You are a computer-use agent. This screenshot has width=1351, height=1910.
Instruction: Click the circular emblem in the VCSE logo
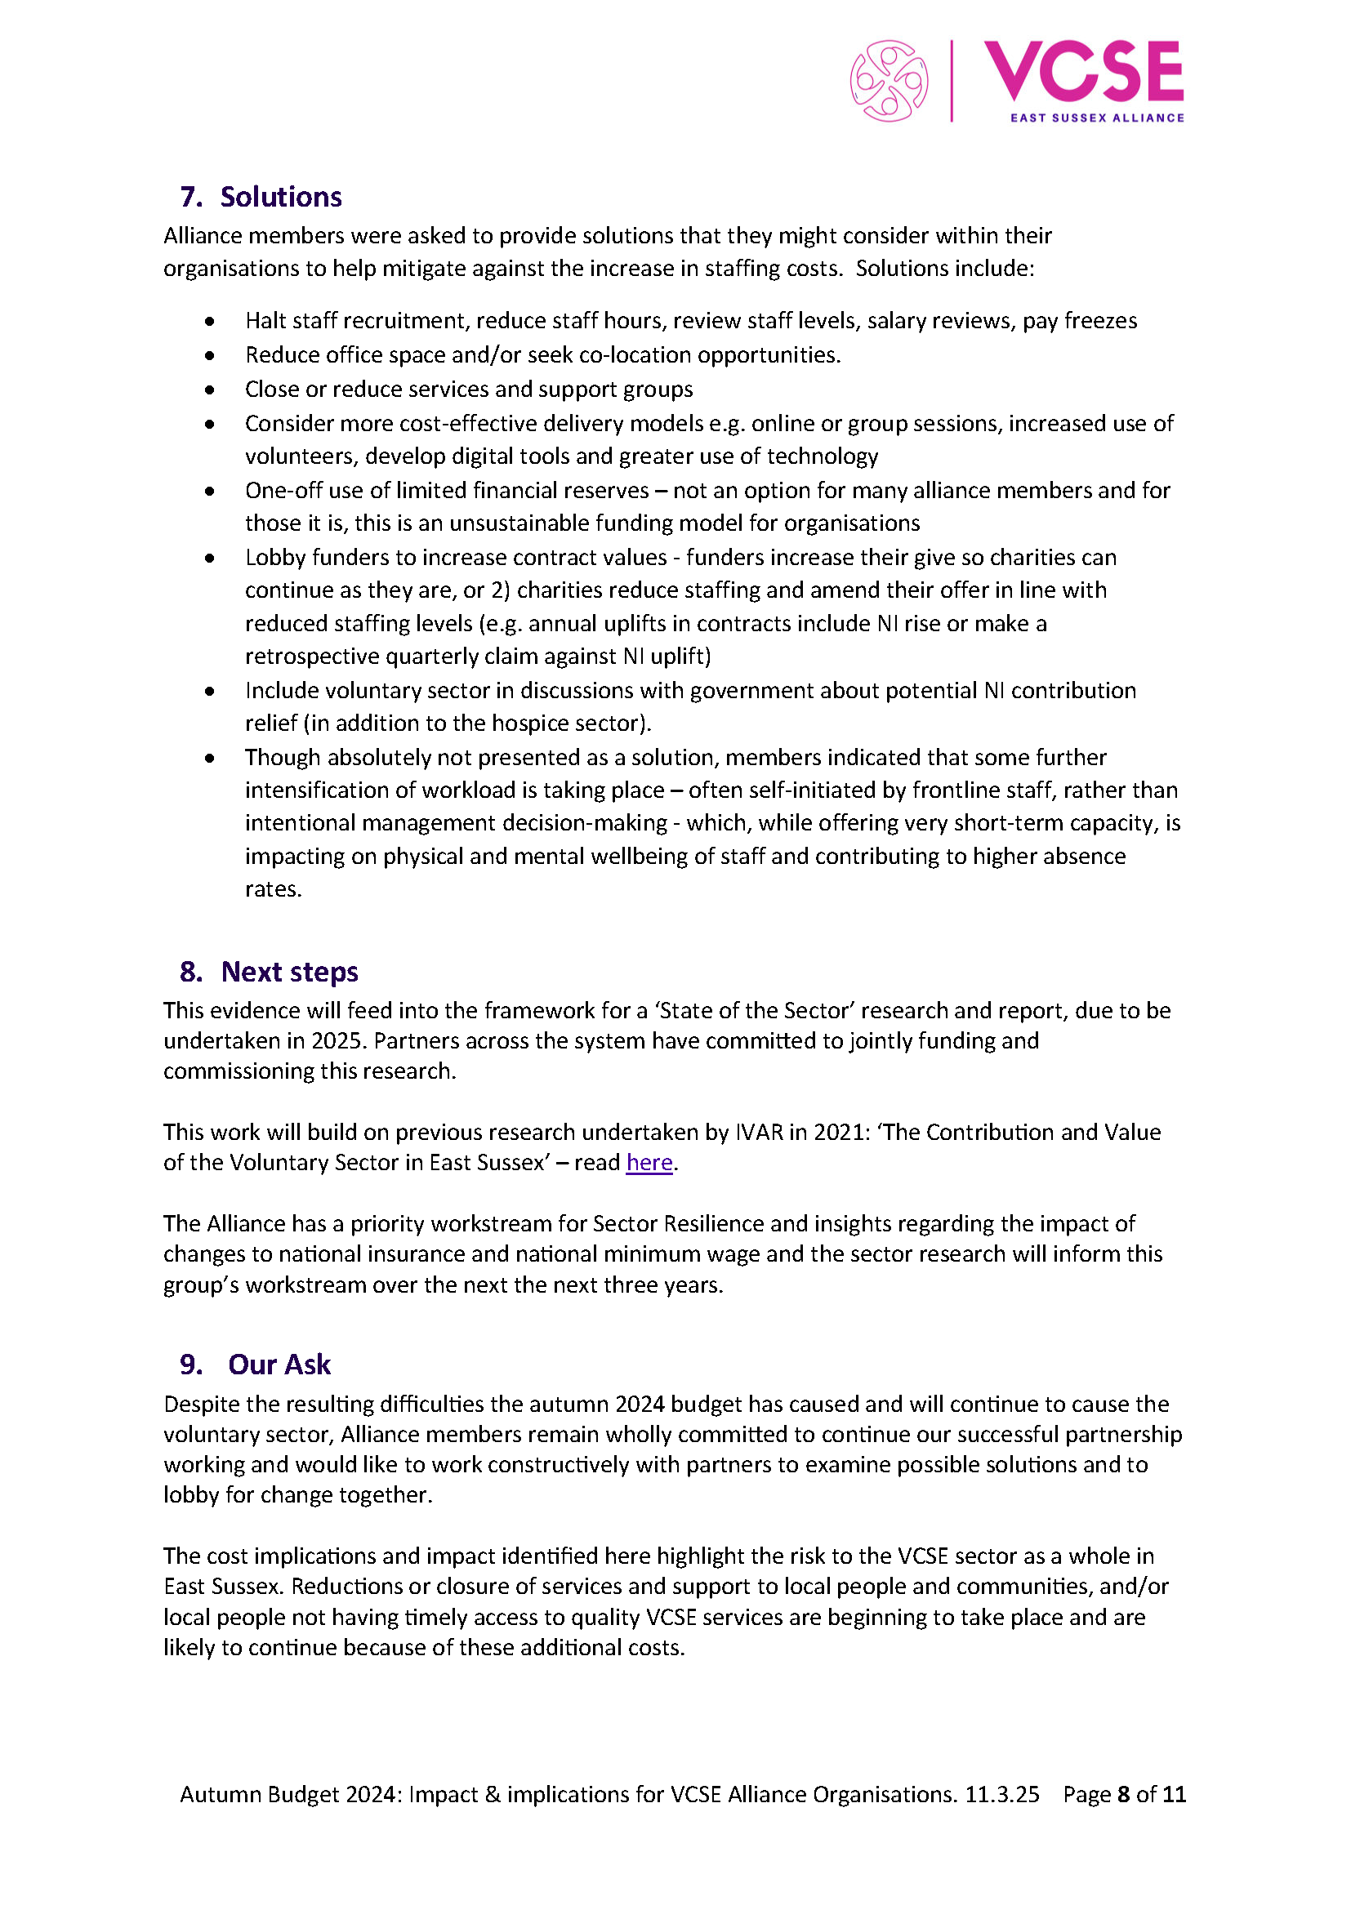889,81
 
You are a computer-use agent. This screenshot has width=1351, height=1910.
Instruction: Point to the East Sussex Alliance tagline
1096,118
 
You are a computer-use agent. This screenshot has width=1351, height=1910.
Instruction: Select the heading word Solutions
281,197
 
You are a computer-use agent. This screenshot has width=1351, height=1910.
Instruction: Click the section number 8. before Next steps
191,972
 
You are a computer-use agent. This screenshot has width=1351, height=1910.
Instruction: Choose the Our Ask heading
279,1365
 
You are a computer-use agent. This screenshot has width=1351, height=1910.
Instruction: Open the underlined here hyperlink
649,1162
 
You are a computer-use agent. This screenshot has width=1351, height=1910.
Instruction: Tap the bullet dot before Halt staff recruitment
210,321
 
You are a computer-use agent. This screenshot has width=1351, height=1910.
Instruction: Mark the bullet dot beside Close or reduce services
210,390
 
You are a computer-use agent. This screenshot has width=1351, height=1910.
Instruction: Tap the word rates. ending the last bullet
273,889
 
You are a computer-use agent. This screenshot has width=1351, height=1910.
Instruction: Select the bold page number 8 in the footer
1123,1794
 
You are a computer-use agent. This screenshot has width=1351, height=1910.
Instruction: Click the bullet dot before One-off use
210,491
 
